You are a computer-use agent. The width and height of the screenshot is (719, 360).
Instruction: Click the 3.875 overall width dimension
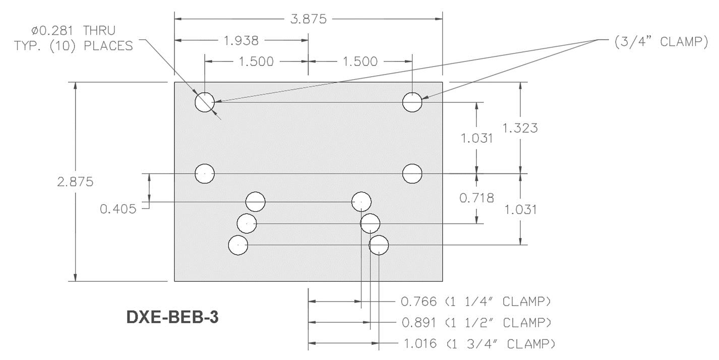[x=308, y=19]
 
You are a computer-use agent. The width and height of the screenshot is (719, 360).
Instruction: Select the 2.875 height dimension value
[x=75, y=182]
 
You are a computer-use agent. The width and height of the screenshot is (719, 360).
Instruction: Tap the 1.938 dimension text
[x=241, y=40]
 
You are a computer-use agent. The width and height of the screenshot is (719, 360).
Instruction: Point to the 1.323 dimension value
[x=520, y=128]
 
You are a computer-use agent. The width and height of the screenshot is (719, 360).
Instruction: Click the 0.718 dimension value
[x=476, y=198]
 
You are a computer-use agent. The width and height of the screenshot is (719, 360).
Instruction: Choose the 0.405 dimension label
[x=118, y=209]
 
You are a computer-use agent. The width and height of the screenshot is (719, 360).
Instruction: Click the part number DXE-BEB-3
[x=172, y=317]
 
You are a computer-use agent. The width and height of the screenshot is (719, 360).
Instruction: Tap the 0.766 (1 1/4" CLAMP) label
[x=475, y=302]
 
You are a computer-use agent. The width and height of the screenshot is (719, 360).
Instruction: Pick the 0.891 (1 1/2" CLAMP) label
[x=476, y=322]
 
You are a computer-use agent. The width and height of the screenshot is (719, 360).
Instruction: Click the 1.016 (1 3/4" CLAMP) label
[x=480, y=344]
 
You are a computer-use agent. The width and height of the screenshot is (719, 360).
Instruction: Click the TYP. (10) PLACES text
[x=74, y=45]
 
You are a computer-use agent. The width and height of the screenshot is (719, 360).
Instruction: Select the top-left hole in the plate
[x=205, y=102]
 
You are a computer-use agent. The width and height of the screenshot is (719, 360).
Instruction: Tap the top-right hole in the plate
[x=412, y=102]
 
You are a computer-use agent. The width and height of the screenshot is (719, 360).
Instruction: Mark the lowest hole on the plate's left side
[x=238, y=246]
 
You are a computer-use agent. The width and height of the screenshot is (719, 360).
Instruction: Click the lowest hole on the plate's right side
[x=379, y=246]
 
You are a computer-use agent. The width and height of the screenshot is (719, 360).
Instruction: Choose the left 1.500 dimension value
[x=256, y=62]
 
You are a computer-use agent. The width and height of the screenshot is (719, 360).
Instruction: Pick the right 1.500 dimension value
[x=360, y=62]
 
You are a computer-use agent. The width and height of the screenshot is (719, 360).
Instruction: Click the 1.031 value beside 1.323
[x=476, y=138]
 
